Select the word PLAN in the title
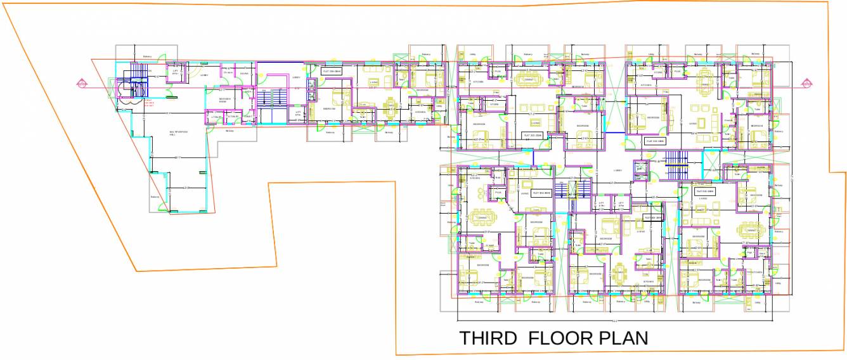click(624, 338)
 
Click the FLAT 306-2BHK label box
click(332, 72)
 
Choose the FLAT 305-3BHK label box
click(532, 136)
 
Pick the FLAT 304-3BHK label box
click(654, 141)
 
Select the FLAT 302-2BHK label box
click(653, 217)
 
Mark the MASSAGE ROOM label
click(225, 100)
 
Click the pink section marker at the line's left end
click(81, 83)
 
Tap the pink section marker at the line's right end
click(806, 83)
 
